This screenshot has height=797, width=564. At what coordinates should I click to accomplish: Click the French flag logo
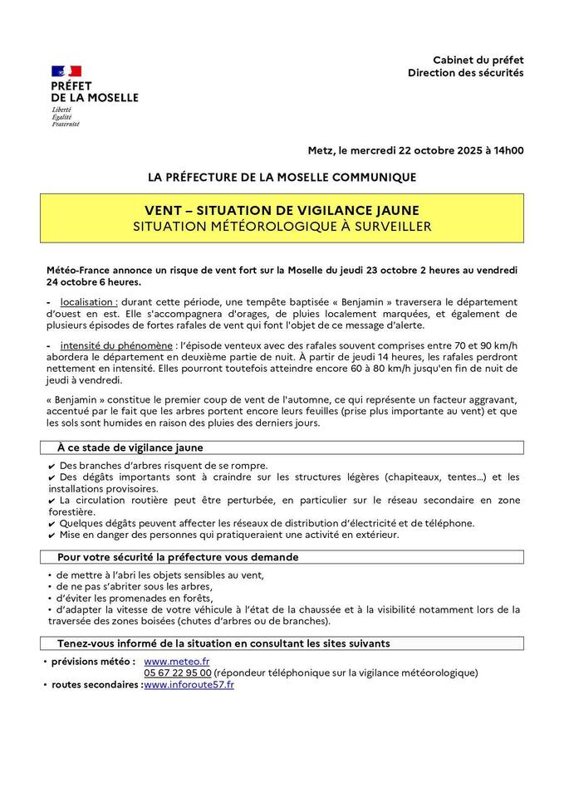tap(66, 71)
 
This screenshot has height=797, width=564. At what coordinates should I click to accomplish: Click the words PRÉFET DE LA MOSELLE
tap(95, 91)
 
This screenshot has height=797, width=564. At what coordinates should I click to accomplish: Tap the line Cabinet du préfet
tap(478, 60)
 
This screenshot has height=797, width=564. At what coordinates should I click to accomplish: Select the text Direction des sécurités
tap(465, 73)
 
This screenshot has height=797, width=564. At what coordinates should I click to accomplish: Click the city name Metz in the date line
tap(321, 150)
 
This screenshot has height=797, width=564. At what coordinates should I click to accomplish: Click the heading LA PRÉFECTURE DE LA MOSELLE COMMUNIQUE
tap(282, 177)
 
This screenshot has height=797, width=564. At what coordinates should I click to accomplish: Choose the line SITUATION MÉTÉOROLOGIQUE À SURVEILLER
tap(282, 225)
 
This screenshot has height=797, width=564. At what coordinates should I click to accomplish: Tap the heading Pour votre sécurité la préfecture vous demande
tap(178, 557)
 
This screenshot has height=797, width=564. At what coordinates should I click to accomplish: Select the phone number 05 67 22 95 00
tap(177, 672)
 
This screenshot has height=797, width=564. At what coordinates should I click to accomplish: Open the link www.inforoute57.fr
tap(189, 684)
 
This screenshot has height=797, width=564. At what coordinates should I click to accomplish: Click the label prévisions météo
tap(93, 661)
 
